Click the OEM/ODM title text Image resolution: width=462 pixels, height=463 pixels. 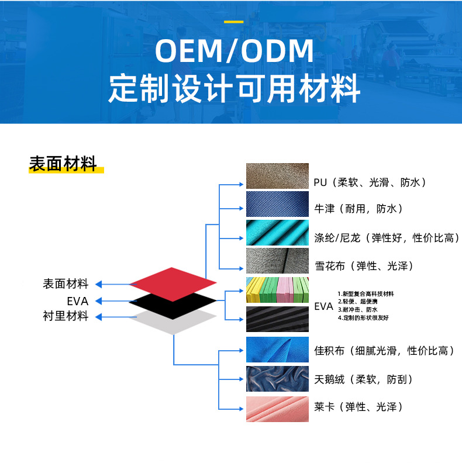[234, 51]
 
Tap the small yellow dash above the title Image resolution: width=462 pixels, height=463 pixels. [234, 22]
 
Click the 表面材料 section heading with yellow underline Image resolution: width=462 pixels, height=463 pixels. [63, 165]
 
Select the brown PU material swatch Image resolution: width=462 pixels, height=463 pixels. [277, 176]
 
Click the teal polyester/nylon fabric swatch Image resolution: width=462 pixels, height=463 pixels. [277, 233]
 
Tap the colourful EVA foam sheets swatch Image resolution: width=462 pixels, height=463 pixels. [277, 291]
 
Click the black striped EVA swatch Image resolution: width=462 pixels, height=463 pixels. [277, 319]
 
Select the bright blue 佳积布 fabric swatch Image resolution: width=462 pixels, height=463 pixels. [277, 350]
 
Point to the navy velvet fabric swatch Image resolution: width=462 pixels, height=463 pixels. [277, 379]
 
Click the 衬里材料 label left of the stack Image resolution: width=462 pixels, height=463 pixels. [65, 317]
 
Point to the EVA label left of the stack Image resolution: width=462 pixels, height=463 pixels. [77, 301]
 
